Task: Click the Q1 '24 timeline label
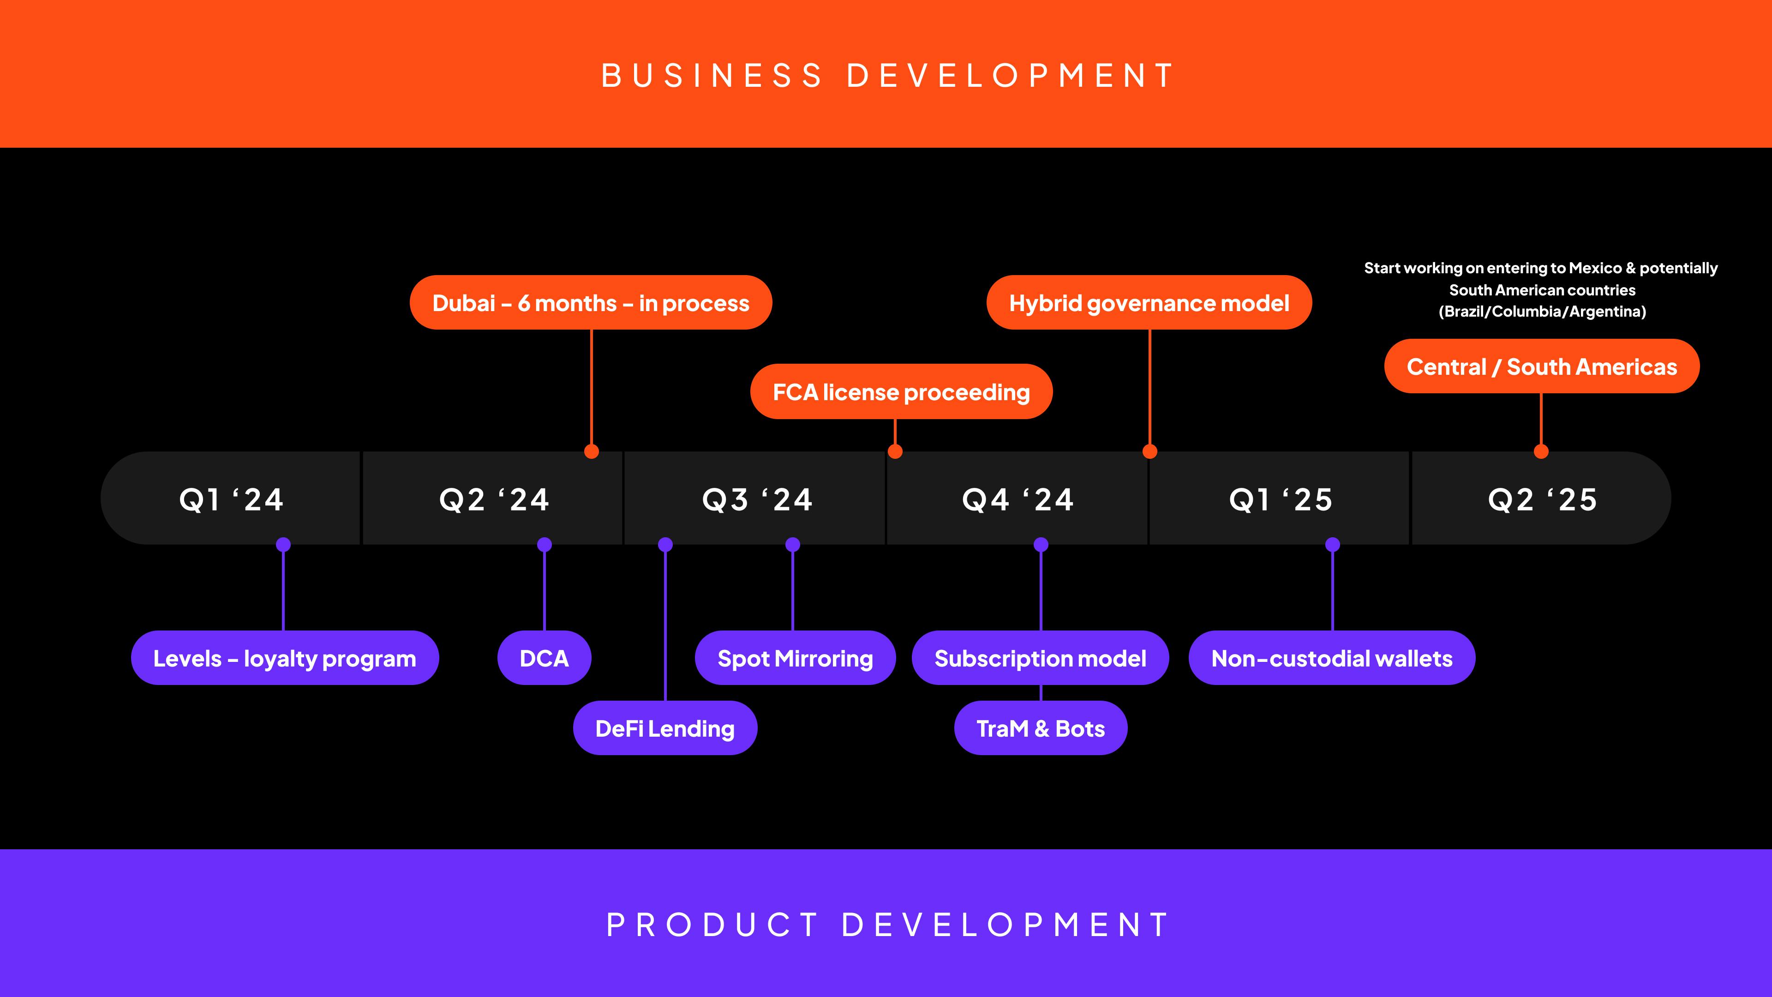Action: [231, 499]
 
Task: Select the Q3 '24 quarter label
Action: [757, 499]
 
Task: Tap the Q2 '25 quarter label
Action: [1542, 499]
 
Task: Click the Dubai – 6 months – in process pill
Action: [590, 303]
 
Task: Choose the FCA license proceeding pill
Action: [901, 392]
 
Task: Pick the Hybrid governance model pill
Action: [1149, 303]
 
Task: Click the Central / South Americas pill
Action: [1542, 367]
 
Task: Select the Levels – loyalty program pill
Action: [285, 659]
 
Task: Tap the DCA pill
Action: [544, 659]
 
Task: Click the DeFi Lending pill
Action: [664, 729]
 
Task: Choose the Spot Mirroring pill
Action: [795, 659]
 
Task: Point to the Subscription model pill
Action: [1040, 659]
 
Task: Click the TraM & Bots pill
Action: [1040, 729]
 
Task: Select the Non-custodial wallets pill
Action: [1332, 659]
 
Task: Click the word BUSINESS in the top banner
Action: [712, 76]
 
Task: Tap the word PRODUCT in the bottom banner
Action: [712, 925]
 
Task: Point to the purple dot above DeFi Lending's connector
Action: [665, 545]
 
